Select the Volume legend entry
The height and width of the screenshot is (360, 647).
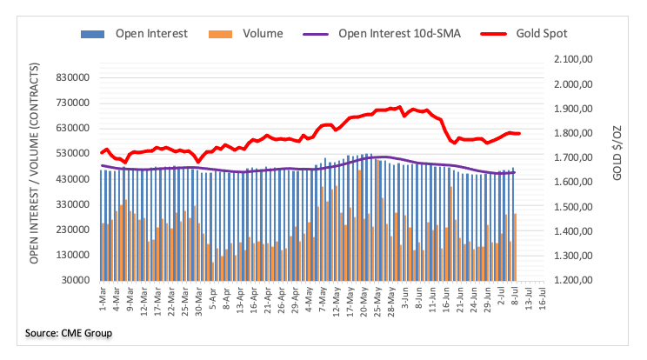point(257,34)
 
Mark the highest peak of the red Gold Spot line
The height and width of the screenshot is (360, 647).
point(398,107)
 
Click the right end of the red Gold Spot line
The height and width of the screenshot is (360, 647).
point(519,133)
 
